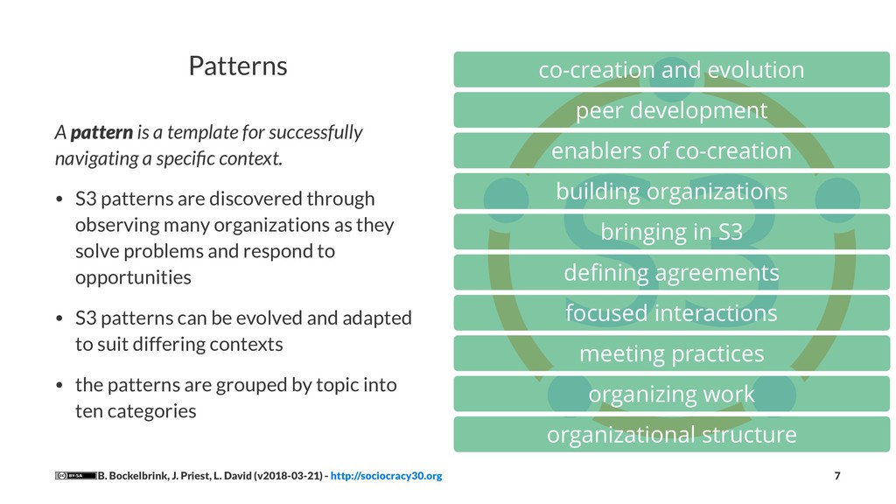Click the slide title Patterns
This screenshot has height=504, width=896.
click(238, 66)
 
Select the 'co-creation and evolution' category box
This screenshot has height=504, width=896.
click(671, 70)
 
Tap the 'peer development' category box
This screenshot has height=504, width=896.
click(671, 110)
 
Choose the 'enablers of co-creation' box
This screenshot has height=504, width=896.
click(671, 150)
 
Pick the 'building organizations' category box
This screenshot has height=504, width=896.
click(671, 191)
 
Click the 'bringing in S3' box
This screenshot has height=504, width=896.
click(671, 232)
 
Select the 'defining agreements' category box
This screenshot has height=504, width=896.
click(671, 273)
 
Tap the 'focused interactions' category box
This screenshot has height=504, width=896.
click(671, 312)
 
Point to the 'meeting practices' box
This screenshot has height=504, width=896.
click(671, 353)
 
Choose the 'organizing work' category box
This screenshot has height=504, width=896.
click(671, 394)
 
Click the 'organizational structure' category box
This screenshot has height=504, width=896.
click(671, 434)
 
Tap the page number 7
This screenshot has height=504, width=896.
click(836, 476)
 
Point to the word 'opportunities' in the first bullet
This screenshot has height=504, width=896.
click(133, 278)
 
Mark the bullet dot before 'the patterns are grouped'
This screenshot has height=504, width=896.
click(59, 386)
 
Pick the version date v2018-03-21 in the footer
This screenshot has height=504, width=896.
click(286, 476)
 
